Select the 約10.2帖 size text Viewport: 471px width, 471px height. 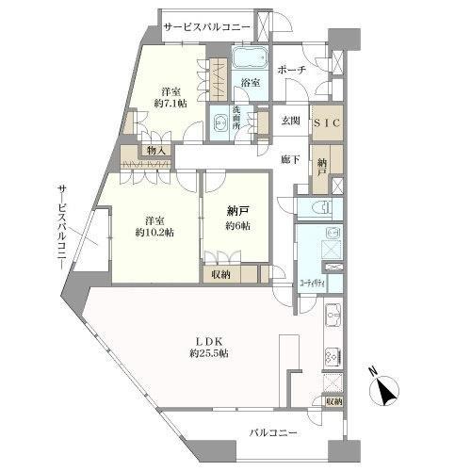tap(152, 231)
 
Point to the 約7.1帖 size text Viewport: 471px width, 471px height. tap(170, 104)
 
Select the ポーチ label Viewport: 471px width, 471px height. tap(290, 69)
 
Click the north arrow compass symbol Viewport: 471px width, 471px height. tap(388, 389)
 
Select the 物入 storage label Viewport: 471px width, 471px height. tap(155, 150)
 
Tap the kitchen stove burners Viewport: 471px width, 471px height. tap(332, 356)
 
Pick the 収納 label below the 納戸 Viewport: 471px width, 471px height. tap(219, 275)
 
